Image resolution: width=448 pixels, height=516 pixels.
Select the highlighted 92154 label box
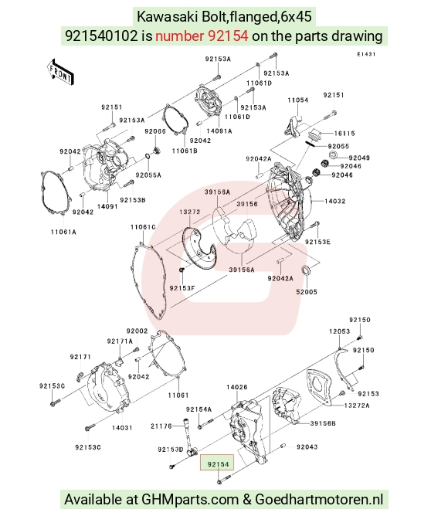[217, 463]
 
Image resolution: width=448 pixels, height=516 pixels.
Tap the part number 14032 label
[335, 201]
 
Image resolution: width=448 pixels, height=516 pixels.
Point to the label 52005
[307, 292]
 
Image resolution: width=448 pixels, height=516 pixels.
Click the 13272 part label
[190, 212]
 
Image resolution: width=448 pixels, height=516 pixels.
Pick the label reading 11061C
[143, 227]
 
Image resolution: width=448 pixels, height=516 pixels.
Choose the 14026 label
[236, 387]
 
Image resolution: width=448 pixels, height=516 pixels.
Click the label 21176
[161, 426]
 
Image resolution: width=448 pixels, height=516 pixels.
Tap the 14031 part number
[122, 428]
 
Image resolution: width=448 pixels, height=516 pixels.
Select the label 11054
[298, 100]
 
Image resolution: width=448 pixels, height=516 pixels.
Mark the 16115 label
[344, 134]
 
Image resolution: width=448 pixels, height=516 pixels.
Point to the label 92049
[359, 158]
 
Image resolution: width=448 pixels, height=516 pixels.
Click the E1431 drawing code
[366, 54]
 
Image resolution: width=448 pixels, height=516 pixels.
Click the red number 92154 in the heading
[228, 36]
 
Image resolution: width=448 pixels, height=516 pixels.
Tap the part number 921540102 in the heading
[101, 36]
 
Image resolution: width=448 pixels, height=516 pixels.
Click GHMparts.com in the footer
[190, 500]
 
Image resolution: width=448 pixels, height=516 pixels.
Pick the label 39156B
[323, 423]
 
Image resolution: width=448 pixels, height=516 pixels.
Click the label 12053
[339, 331]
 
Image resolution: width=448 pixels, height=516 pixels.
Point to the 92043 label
[307, 447]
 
